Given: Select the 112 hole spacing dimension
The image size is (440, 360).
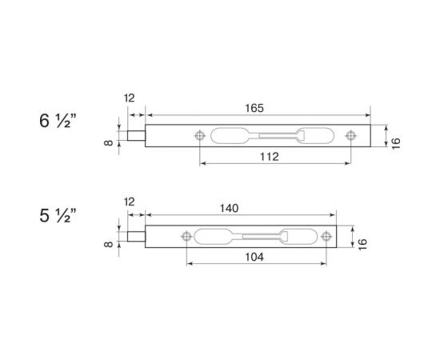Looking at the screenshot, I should (270, 158).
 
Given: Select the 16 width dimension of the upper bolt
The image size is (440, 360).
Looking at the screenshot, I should (394, 142).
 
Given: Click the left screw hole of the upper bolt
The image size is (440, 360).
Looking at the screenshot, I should (200, 136).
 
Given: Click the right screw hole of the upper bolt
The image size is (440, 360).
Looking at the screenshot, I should (350, 136).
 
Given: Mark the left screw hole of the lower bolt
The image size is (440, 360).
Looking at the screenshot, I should (186, 236).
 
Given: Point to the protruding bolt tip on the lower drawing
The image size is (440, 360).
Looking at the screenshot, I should (136, 236).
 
